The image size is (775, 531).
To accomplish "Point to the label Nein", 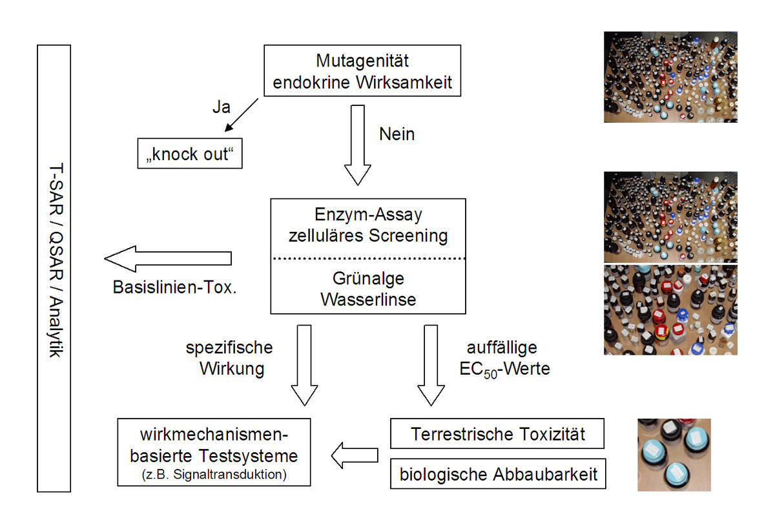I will [x=397, y=134].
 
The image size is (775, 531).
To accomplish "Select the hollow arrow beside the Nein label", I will [x=357, y=145].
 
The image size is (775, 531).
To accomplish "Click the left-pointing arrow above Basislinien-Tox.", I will [x=168, y=258].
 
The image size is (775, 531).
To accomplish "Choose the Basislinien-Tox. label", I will [x=175, y=287].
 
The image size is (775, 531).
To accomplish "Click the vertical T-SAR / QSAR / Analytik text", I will [x=54, y=268].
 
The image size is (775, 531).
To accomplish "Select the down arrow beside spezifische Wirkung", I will [x=304, y=365].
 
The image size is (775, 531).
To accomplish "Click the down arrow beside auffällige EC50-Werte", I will [x=431, y=365].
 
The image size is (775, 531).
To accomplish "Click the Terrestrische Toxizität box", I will [x=497, y=433].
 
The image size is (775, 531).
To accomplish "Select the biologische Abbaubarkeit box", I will [x=497, y=475].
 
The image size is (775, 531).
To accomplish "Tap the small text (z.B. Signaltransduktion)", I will [x=214, y=476].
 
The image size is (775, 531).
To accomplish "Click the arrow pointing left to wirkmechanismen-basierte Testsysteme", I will [x=355, y=456].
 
